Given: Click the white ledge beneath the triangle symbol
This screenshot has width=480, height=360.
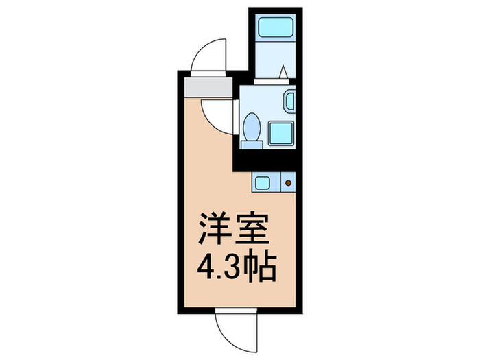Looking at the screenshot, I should pos(274,80).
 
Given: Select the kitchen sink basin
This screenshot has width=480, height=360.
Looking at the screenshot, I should pos(262,182).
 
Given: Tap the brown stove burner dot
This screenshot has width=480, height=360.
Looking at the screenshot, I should pos(288,182).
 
